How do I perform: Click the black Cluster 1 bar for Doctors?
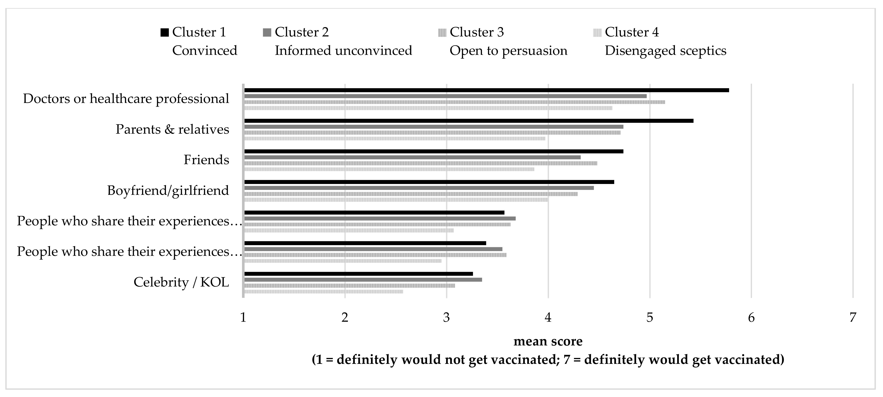486,90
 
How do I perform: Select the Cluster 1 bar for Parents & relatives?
468,121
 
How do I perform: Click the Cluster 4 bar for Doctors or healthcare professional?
428,108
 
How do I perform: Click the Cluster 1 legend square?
165,33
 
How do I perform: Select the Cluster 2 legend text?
302,32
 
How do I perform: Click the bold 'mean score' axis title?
548,341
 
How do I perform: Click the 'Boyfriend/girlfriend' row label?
168,191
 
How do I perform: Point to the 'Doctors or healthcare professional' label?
126,99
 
